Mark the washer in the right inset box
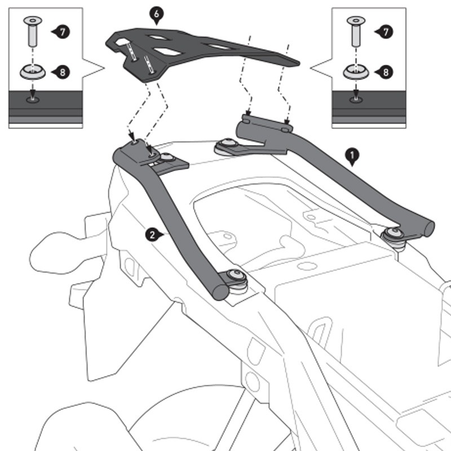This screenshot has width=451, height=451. coord(355,72)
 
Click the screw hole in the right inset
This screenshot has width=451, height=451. coord(355,100)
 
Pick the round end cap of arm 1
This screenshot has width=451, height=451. coord(428,228)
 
